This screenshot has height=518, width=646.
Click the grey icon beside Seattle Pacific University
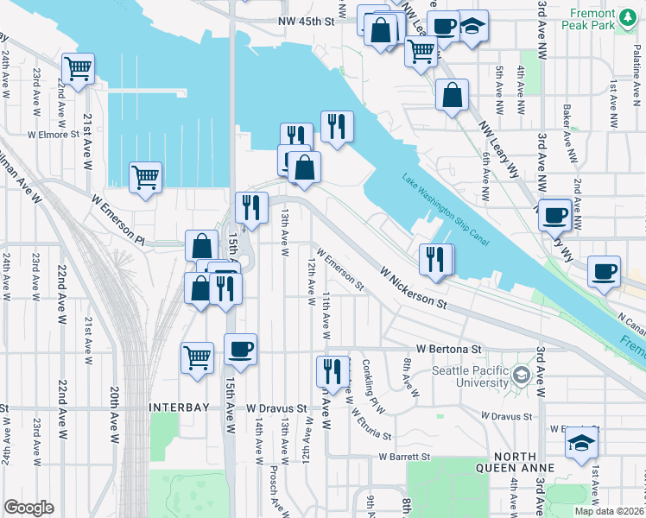(521, 375)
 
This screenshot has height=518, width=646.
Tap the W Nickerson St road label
(414, 287)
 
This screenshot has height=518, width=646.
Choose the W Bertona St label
(447, 349)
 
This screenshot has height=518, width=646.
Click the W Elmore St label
(53, 135)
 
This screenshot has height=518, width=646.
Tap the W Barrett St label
(398, 457)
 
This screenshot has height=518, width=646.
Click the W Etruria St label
(370, 424)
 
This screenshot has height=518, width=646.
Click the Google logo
(28, 508)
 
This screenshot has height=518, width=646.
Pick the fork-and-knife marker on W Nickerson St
(435, 260)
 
